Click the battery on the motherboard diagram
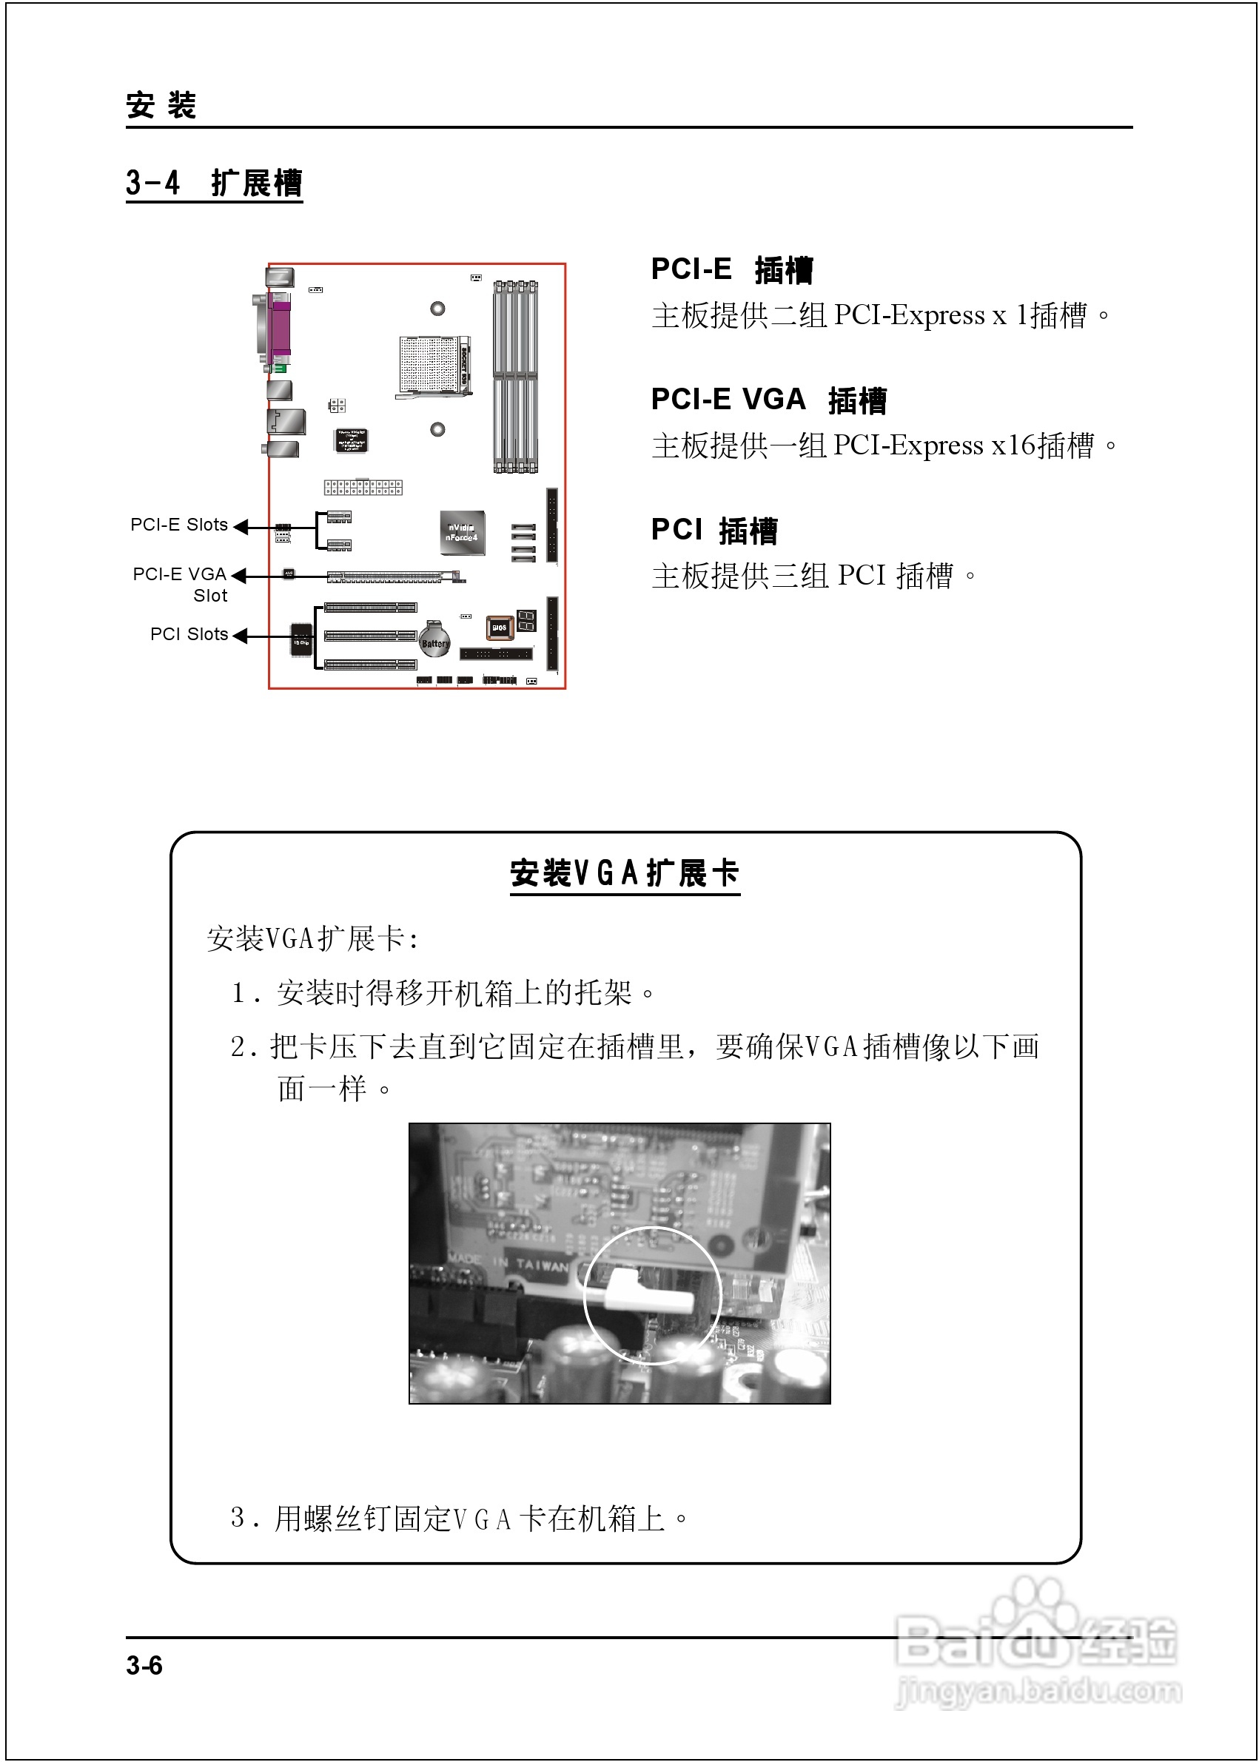point(434,639)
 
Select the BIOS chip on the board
point(500,627)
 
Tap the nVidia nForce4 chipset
point(462,532)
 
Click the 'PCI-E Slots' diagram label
point(179,525)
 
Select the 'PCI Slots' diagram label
point(189,634)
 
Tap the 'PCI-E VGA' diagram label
point(180,574)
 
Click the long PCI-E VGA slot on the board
point(392,576)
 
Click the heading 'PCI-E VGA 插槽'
point(768,400)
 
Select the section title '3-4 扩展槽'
point(214,184)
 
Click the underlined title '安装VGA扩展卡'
point(624,874)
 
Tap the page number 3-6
point(144,1665)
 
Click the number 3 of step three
point(238,1517)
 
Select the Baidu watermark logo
point(1036,1644)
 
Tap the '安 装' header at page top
point(161,105)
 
